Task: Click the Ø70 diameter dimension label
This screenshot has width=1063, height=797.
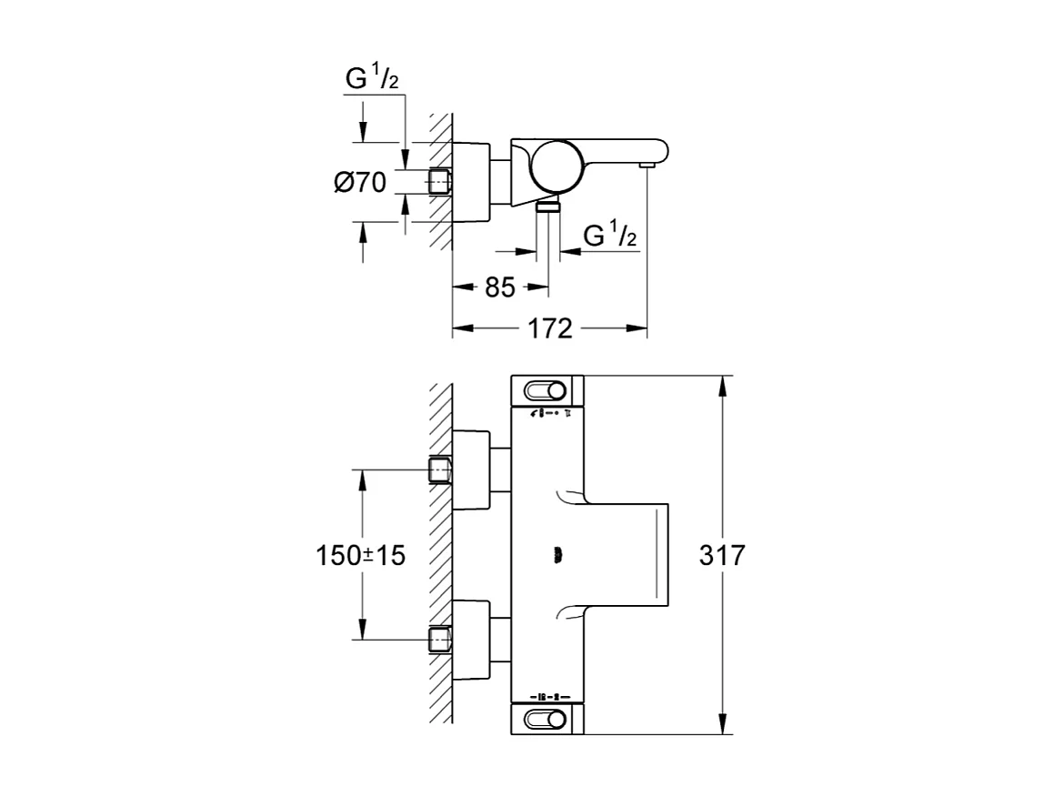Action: pos(360,182)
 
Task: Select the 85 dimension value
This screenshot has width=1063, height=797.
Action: pos(500,288)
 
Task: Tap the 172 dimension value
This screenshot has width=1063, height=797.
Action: pos(550,328)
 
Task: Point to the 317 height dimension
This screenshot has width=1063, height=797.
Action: pos(722,555)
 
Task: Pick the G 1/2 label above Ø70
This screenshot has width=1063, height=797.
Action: pos(372,80)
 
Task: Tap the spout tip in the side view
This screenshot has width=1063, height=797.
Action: pos(647,165)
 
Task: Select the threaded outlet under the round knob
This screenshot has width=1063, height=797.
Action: pos(547,207)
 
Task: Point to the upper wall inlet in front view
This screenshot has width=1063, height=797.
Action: pos(441,470)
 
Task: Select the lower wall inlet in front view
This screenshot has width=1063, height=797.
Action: pos(441,640)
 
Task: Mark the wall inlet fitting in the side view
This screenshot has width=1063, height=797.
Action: pos(441,182)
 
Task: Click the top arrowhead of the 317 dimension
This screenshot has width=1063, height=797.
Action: pos(724,386)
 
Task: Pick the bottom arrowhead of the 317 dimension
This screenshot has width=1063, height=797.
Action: pos(724,724)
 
